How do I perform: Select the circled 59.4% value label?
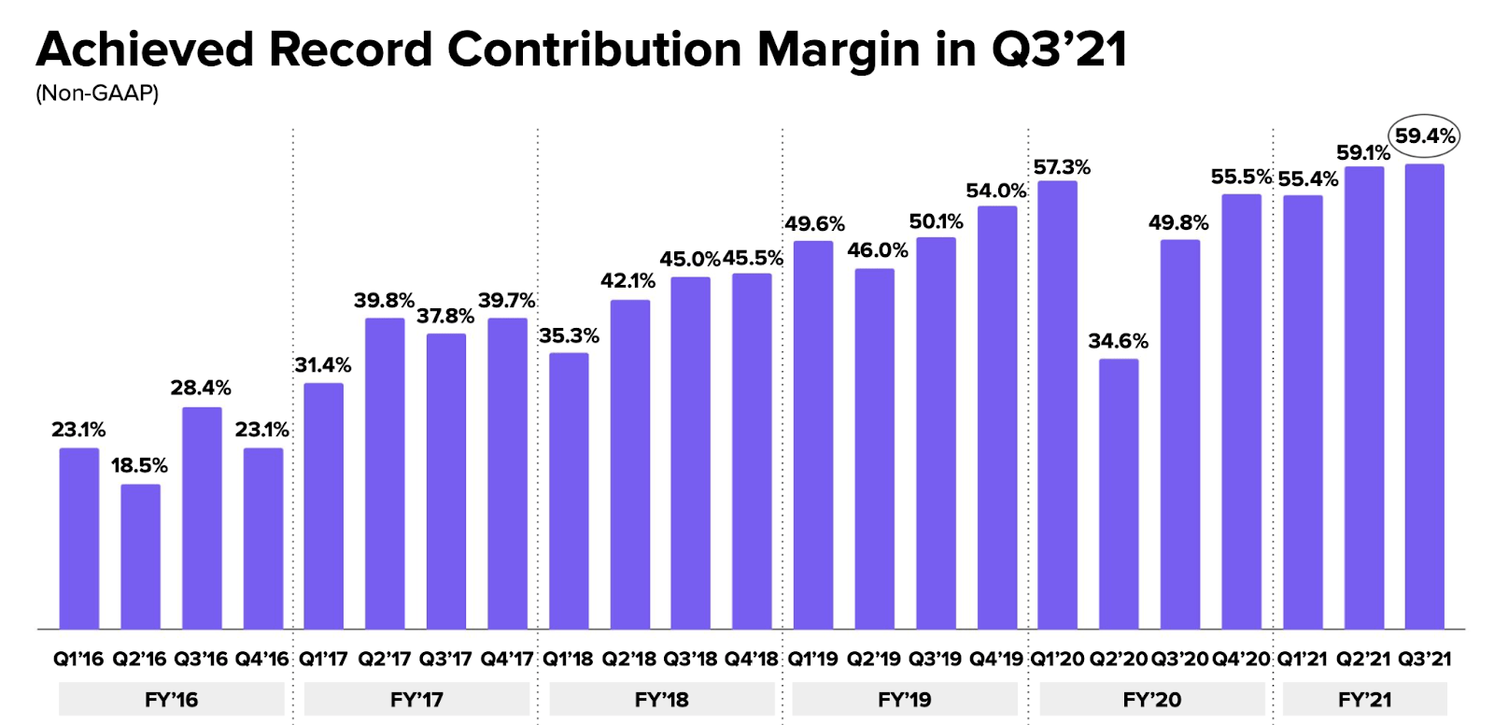pyautogui.click(x=1424, y=136)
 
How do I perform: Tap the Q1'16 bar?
pyautogui.click(x=79, y=538)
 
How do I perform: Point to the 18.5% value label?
pyautogui.click(x=139, y=465)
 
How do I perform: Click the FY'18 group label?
pyautogui.click(x=661, y=700)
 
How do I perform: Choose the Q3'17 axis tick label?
pyautogui.click(x=445, y=659)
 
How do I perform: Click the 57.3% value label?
pyautogui.click(x=1062, y=167)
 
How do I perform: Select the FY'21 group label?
pyautogui.click(x=1364, y=700)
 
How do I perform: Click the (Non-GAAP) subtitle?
pyautogui.click(x=97, y=93)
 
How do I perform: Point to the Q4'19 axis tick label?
pyautogui.click(x=996, y=659)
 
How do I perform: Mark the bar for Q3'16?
pyautogui.click(x=202, y=518)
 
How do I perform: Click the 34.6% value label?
pyautogui.click(x=1118, y=341)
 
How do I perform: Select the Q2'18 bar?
pyautogui.click(x=630, y=464)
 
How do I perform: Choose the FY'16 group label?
pyautogui.click(x=172, y=700)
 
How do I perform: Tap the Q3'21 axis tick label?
pyautogui.click(x=1424, y=659)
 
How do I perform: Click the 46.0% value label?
pyautogui.click(x=877, y=250)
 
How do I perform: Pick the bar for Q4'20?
pyautogui.click(x=1241, y=411)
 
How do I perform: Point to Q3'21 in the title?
pyautogui.click(x=1059, y=50)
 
